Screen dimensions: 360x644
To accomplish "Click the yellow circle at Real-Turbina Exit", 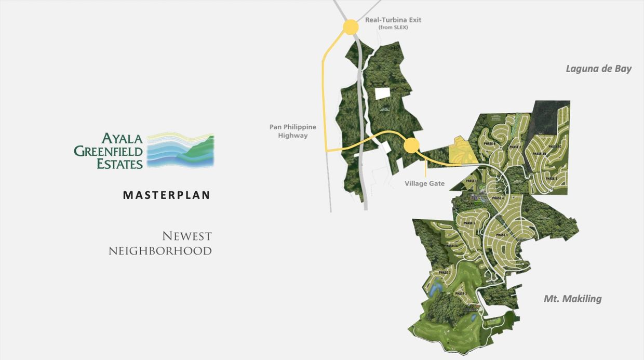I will (351, 27).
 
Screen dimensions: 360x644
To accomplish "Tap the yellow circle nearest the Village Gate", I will (411, 145).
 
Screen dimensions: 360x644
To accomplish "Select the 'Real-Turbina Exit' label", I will (393, 20).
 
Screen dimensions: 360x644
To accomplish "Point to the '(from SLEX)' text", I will (393, 28).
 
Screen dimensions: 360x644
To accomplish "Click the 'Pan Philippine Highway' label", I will (292, 131).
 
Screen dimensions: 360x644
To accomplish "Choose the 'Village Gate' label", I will (424, 183).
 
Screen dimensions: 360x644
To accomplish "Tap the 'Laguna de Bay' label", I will (598, 69).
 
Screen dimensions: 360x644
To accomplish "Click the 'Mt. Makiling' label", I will (572, 299).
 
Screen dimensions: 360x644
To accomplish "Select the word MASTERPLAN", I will (167, 195).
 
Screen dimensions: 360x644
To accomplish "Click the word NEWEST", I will (187, 236).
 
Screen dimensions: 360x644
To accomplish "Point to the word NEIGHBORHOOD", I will (160, 251).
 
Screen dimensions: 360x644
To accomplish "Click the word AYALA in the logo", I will (122, 138).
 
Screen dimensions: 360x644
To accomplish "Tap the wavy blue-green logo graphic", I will (180, 151).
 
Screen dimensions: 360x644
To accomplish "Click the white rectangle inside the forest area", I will (382, 93).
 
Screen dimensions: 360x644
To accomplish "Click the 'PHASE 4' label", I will (498, 198).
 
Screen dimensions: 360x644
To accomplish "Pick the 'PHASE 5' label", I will (469, 223).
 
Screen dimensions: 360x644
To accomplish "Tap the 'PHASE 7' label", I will (444, 273).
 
